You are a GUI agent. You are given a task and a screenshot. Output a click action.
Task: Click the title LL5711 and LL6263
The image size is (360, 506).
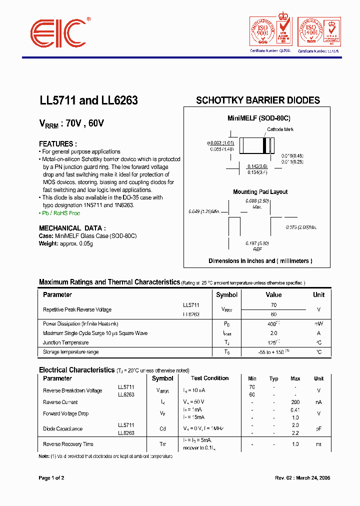88,100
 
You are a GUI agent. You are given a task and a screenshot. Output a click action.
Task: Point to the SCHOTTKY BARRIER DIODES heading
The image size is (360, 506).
257,100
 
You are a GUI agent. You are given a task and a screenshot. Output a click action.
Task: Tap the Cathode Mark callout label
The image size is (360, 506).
280,129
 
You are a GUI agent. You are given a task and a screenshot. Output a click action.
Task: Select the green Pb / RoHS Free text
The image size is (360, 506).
59,213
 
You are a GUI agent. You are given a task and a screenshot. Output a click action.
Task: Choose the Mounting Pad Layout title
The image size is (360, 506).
260,192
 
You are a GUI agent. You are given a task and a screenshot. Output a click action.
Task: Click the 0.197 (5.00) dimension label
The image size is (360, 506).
257,243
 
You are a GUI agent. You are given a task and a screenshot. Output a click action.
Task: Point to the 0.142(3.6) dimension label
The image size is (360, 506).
257,166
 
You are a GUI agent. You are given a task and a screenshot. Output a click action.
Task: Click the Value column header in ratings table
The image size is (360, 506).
273,295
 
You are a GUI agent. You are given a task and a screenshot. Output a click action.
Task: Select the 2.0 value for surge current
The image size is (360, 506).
273,333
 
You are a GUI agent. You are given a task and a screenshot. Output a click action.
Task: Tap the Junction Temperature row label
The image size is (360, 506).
65,342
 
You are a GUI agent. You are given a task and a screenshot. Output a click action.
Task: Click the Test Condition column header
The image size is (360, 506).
209,378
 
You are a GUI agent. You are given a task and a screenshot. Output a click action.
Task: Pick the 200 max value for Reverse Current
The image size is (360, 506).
295,402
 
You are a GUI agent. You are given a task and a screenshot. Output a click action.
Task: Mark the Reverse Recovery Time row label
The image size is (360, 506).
68,444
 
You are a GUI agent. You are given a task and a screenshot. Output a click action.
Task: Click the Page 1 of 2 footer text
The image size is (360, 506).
51,478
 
